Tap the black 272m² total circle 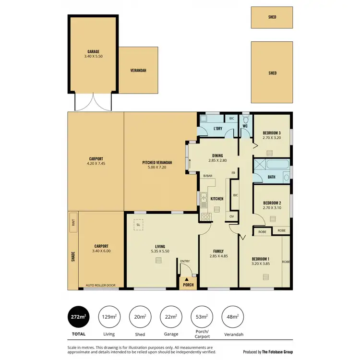tap(79, 317)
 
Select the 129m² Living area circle tap(109, 317)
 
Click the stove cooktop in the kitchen tap(205, 216)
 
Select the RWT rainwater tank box tap(73, 222)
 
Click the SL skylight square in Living tap(138, 224)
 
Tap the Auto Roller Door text tap(100, 286)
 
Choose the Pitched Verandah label tap(157, 163)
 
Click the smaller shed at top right tap(272, 17)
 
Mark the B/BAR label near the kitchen tap(207, 176)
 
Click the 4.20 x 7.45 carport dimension tap(96, 164)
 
